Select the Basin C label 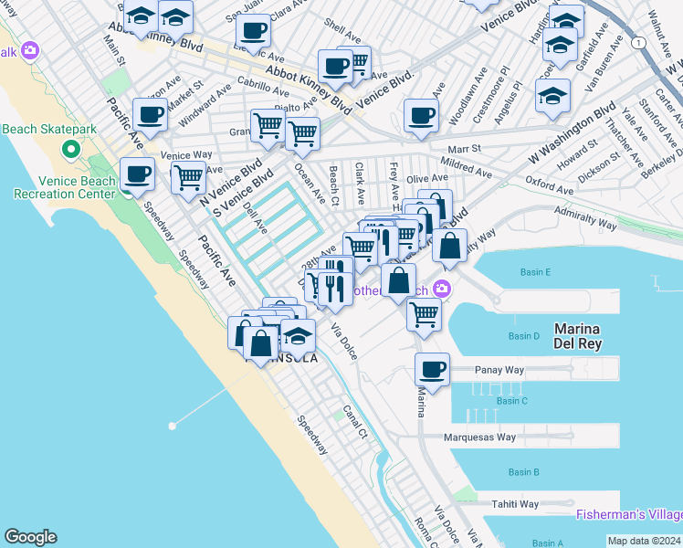511,401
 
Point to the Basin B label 523,472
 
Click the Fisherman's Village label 628,515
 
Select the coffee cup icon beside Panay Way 432,370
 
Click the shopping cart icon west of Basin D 424,313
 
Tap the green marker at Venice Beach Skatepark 69,149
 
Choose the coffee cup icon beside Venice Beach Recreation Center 138,174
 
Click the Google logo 30,537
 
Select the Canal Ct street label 354,421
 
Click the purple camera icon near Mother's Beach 442,290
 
